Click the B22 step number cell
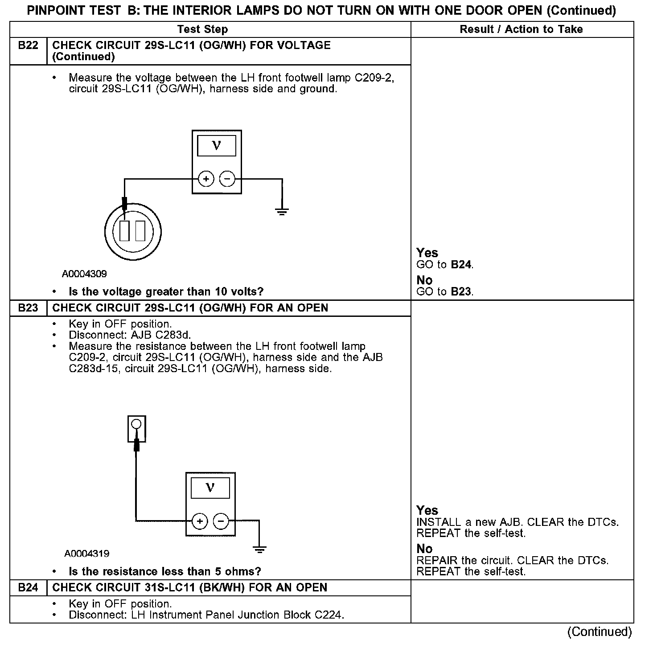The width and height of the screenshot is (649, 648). coord(28,45)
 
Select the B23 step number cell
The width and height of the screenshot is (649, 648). coord(28,308)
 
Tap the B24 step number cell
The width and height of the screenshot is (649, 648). coord(28,588)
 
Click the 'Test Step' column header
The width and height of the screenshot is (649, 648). coord(202,29)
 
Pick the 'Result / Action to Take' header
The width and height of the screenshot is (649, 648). coord(521,29)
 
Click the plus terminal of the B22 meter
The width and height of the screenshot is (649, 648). coord(206,179)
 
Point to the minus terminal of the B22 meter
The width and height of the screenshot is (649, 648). coord(227,179)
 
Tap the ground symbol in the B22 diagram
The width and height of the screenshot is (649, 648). coord(282,211)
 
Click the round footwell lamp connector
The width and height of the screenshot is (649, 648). coord(132,231)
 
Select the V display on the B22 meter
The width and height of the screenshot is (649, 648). coord(217,145)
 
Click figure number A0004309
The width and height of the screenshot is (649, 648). coord(85,274)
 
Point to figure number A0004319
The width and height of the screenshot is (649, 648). coord(87,554)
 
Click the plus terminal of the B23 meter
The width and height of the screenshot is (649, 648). coord(200,521)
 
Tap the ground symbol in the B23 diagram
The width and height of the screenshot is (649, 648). coord(259,549)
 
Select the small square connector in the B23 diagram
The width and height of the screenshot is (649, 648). coord(137,428)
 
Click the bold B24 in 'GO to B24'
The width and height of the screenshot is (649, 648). coord(461,265)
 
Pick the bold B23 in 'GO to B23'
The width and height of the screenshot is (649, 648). coord(461,292)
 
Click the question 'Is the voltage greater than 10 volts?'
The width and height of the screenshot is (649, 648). coord(166,292)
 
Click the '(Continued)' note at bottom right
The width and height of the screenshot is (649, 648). coord(599,632)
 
